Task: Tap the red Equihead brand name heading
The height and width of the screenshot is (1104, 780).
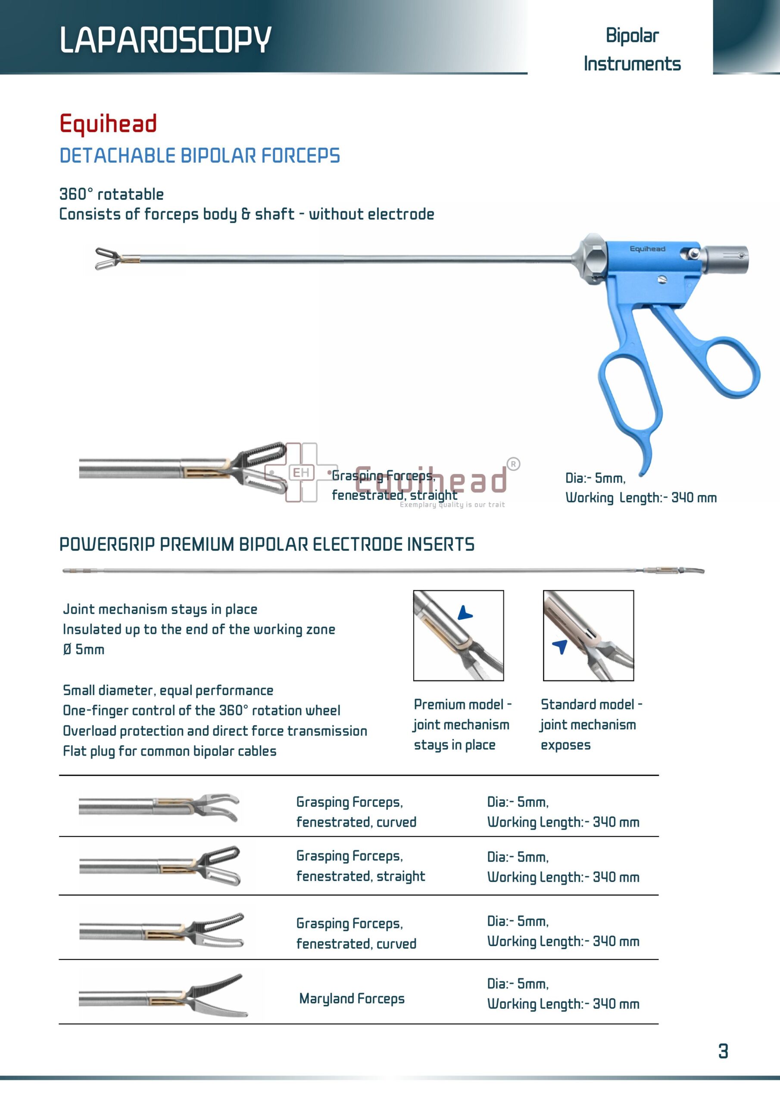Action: coord(108,124)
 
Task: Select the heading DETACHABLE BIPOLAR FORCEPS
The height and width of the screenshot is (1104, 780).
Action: coord(200,156)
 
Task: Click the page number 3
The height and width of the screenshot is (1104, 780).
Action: coord(723,1051)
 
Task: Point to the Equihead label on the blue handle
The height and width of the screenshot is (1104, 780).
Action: coord(647,248)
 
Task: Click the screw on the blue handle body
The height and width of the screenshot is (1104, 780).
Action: coord(662,279)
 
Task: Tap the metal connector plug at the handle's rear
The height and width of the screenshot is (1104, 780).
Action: coord(726,259)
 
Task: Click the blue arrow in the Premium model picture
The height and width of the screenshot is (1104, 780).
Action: coord(465,614)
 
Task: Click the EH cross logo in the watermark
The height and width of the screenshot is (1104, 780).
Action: coord(301,473)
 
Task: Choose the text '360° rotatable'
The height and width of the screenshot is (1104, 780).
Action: coord(112,194)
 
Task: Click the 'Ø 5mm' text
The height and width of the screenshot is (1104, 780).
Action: coord(84,649)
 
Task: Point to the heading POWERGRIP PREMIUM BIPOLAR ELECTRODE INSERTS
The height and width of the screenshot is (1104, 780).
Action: coord(267,544)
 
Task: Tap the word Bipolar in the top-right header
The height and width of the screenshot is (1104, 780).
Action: coord(632,36)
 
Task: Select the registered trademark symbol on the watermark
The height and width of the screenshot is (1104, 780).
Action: coord(513,464)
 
